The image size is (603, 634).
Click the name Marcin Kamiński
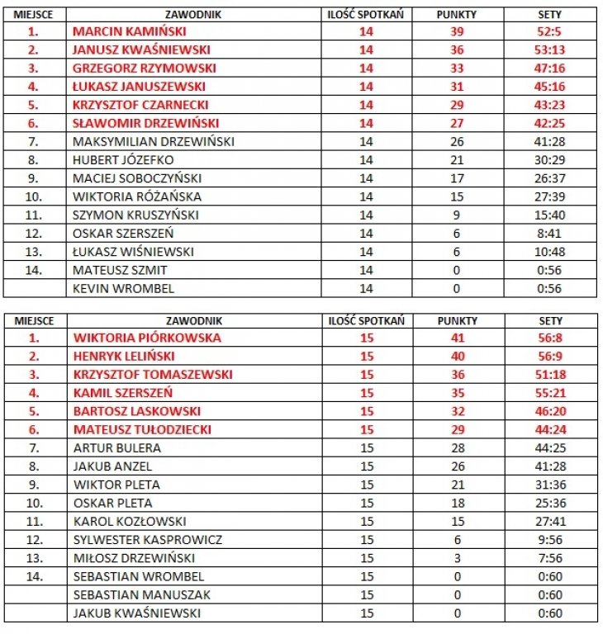[x=129, y=31]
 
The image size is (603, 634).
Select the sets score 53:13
[x=550, y=50]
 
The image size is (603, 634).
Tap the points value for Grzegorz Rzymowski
[x=457, y=68]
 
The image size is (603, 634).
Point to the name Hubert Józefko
[x=123, y=159]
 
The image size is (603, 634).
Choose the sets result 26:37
[x=550, y=177]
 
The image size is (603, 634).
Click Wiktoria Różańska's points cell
[x=457, y=196]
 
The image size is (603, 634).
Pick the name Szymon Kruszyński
[x=135, y=215]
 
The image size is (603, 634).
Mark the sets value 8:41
[x=550, y=233]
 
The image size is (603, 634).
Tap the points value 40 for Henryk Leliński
[x=457, y=356]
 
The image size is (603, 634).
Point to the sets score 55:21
[x=550, y=393]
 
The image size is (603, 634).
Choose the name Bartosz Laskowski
[x=135, y=411]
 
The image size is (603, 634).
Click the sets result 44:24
[x=550, y=429]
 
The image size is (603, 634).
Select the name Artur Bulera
[x=116, y=448]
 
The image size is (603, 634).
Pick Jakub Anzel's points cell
[x=457, y=466]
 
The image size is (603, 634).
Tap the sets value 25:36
[x=550, y=503]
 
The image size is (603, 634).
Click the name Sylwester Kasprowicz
[x=147, y=540]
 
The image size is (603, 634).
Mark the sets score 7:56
[x=550, y=558]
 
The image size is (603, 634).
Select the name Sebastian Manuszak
[x=141, y=595]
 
